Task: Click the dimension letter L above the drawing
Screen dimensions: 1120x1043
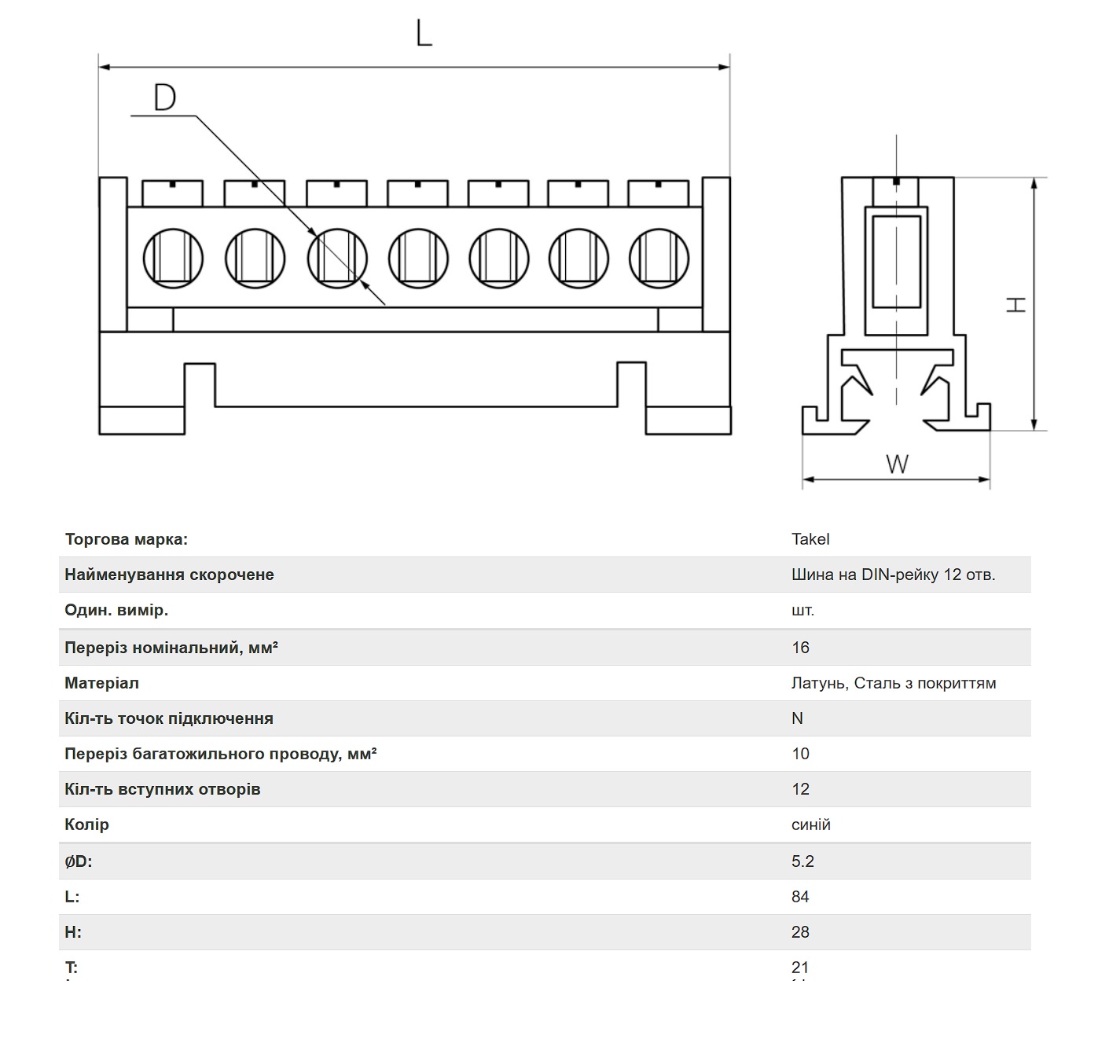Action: [424, 33]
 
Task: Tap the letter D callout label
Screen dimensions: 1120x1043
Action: [165, 97]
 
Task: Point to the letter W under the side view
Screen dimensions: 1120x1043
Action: [897, 465]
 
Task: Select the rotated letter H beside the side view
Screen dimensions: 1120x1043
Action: [1015, 305]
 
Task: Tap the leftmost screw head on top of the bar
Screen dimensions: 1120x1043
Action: [173, 193]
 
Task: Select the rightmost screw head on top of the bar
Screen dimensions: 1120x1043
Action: [658, 193]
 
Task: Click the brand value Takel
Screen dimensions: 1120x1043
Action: [810, 539]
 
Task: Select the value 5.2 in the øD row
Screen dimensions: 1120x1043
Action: [802, 861]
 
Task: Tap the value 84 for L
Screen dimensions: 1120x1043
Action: [800, 896]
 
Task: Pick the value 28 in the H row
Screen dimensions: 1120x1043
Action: [800, 932]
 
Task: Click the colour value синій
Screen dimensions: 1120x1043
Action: [811, 824]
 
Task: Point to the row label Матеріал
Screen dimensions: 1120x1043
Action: [101, 683]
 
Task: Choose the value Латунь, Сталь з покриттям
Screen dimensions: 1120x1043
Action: [894, 683]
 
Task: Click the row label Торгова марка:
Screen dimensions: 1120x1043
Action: [127, 539]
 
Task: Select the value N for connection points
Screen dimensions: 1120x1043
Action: [798, 718]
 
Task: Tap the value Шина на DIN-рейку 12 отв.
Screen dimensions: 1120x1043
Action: [894, 575]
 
